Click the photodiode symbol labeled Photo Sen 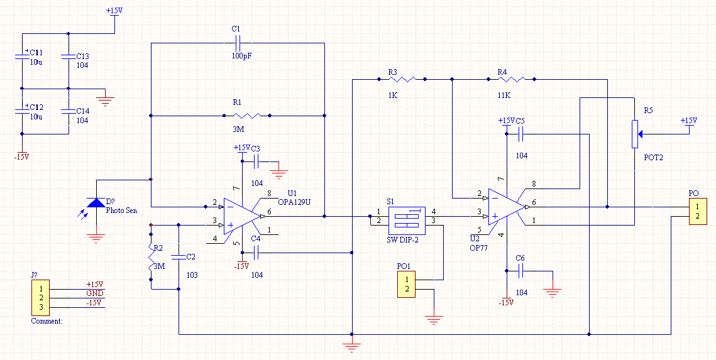tap(96, 202)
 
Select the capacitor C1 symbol tap(237, 43)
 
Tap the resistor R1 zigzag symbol tap(246, 116)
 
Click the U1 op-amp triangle tap(242, 216)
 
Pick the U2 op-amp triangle tap(507, 207)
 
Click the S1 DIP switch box tap(407, 217)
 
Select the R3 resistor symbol tap(402, 79)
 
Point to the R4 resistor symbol tap(511, 79)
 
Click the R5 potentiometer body tap(635, 134)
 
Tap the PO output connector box tap(697, 211)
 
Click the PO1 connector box tap(406, 284)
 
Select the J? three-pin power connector tap(41, 298)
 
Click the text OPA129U tap(294, 202)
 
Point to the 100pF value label tap(241, 57)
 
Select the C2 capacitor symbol tap(178, 257)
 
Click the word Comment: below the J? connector tap(47, 321)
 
